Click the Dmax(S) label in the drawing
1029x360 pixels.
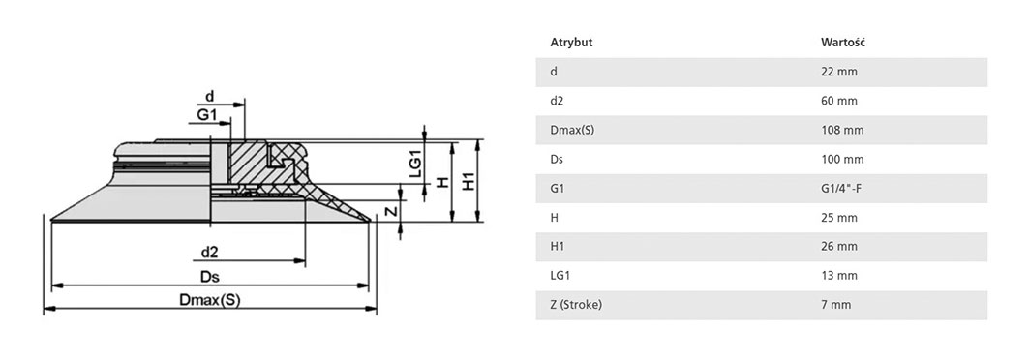pyautogui.click(x=210, y=300)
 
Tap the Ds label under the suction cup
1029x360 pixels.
pyautogui.click(x=209, y=277)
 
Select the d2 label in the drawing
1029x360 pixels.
pyautogui.click(x=210, y=252)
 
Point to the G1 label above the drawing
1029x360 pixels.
pyautogui.click(x=207, y=115)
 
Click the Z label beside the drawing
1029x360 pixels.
pyautogui.click(x=390, y=211)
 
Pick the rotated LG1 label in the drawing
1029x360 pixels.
pyautogui.click(x=414, y=165)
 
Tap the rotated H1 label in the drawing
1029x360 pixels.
pyautogui.click(x=468, y=180)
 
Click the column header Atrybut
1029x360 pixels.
pyautogui.click(x=571, y=43)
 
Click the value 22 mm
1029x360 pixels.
pyautogui.click(x=839, y=73)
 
